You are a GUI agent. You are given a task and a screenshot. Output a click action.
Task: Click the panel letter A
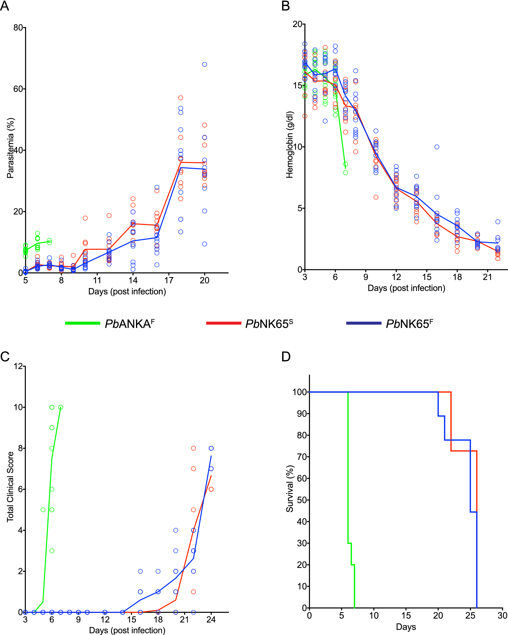click(x=5, y=6)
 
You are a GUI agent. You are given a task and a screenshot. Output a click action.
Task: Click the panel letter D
click(x=286, y=357)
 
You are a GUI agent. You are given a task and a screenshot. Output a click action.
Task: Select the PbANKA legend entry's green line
click(x=83, y=323)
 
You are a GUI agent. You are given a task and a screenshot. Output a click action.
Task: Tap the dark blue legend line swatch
click(x=363, y=323)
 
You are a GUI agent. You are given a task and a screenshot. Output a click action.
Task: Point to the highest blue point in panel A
click(x=204, y=64)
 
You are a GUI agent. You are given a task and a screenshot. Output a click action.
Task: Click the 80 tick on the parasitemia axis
click(x=18, y=28)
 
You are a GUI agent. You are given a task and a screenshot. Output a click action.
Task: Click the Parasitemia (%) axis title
click(x=11, y=148)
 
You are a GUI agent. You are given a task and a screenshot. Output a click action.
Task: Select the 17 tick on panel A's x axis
click(x=169, y=280)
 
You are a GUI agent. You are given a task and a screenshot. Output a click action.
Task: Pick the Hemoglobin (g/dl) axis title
click(x=290, y=145)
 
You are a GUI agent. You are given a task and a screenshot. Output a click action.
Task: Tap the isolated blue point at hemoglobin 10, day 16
click(x=437, y=147)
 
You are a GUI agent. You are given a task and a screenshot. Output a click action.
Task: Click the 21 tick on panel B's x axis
click(x=487, y=277)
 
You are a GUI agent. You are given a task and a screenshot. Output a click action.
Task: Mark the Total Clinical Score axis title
click(x=11, y=487)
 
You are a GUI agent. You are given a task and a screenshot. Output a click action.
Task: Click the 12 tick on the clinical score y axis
click(x=18, y=366)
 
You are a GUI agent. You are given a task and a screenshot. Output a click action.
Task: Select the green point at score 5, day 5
click(x=43, y=510)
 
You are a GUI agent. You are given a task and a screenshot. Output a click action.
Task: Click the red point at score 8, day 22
click(x=193, y=448)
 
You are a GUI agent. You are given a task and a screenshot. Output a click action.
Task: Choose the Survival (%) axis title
click(x=290, y=489)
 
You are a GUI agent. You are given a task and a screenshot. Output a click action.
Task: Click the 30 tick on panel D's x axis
click(x=502, y=616)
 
